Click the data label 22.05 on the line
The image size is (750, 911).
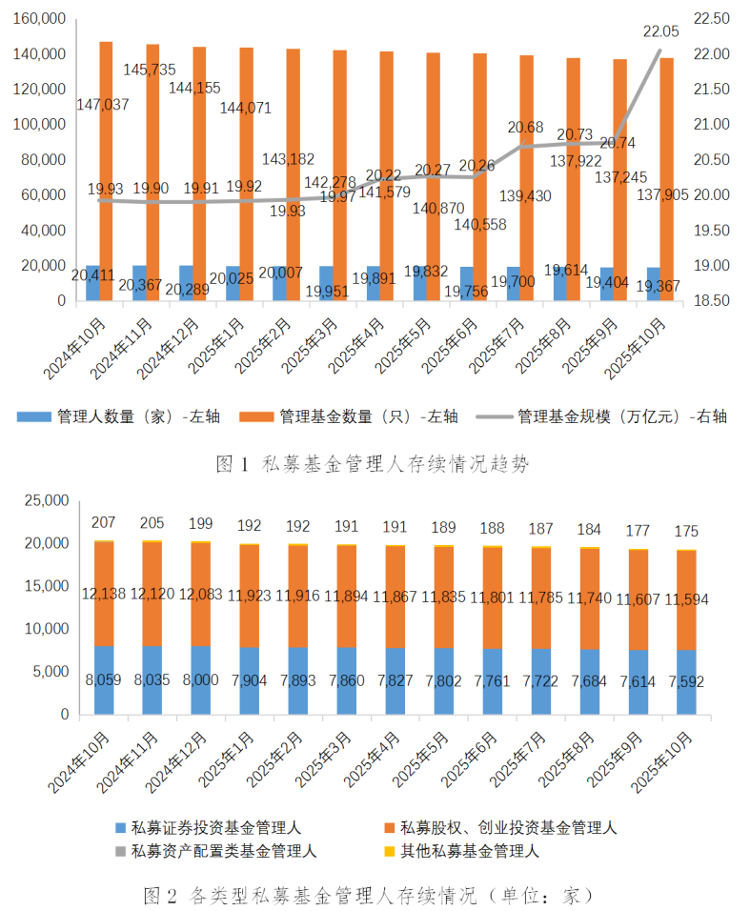point(660,31)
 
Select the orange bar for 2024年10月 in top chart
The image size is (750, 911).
point(106,172)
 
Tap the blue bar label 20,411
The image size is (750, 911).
point(93,276)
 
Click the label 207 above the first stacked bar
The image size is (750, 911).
point(104,522)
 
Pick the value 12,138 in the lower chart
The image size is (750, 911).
point(103,593)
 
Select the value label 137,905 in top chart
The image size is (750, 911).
point(658,194)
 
